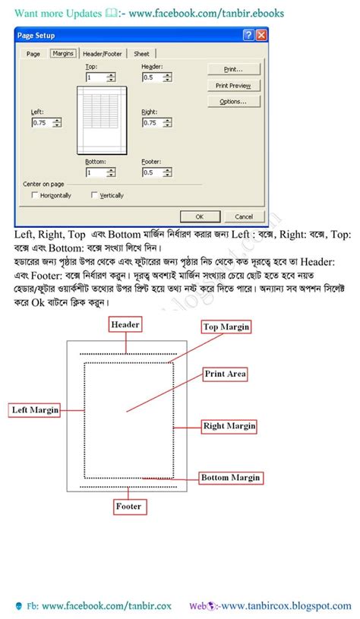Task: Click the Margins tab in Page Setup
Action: (62, 54)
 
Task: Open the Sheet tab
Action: (141, 54)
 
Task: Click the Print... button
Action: (233, 69)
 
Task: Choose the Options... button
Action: (233, 102)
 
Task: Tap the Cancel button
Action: (244, 216)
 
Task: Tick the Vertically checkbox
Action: (94, 195)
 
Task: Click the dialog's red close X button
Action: (261, 35)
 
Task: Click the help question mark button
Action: (248, 35)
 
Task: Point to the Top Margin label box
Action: (226, 327)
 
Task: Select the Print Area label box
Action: (225, 374)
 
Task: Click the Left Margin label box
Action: (35, 410)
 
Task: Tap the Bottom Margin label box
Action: (230, 478)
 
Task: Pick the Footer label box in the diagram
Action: (128, 506)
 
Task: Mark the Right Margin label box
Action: (229, 426)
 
